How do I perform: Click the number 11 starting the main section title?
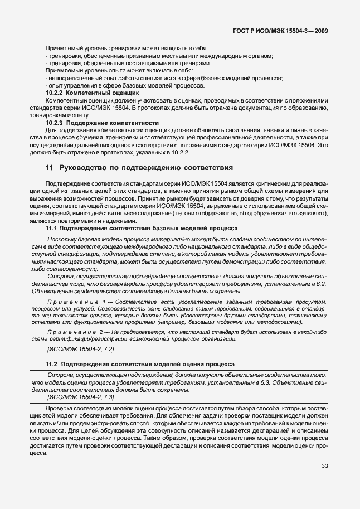(48, 167)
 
